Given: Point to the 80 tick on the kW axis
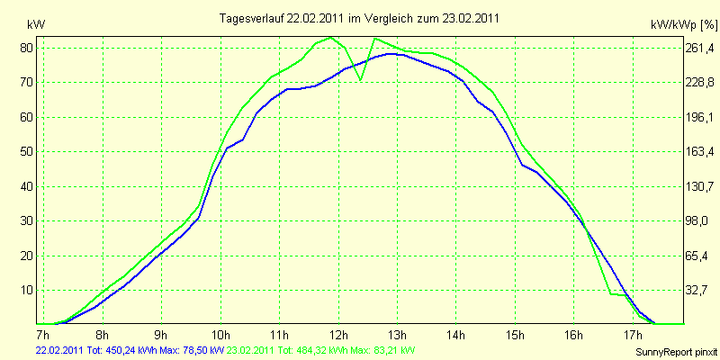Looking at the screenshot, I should [27, 48].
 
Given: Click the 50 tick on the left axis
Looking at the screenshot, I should [27, 152].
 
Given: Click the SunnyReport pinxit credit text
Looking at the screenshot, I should [676, 352].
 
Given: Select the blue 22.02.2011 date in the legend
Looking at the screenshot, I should [59, 349].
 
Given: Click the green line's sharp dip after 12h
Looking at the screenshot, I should [360, 80].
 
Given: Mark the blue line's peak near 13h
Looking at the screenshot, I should [390, 53].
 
